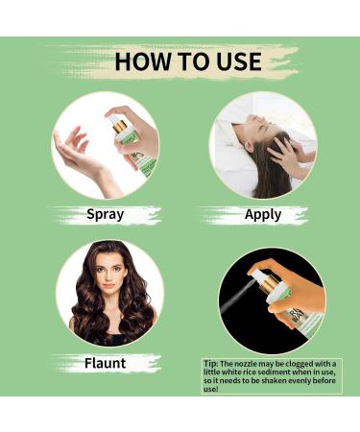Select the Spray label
pyautogui.click(x=106, y=215)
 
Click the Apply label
pyautogui.click(x=263, y=215)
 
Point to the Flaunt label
pyautogui.click(x=106, y=363)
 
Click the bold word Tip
pyautogui.click(x=211, y=364)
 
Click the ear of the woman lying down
pyautogui.click(x=248, y=147)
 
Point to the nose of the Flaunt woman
pyautogui.click(x=108, y=276)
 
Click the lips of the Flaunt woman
pyautogui.click(x=109, y=285)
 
